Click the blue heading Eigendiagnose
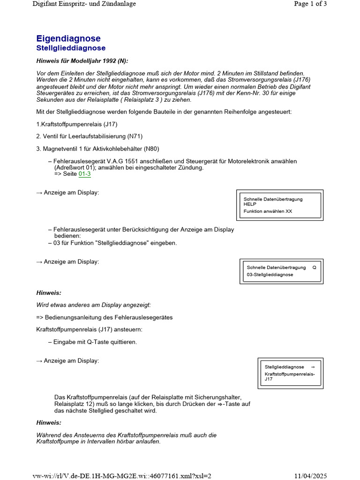pos(68,38)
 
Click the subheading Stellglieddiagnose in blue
pos(71,48)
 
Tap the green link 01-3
pos(84,174)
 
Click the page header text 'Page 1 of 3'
pos(310,4)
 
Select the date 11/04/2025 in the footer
pos(309,476)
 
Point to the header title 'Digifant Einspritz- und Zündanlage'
pos(84,4)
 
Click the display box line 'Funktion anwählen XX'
pos(268,211)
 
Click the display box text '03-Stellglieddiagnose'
pos(270,275)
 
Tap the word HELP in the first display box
pos(250,204)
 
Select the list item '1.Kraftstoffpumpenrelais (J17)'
pos(77,124)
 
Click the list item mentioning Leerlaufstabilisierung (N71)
pos(89,136)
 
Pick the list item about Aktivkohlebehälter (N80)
pos(97,149)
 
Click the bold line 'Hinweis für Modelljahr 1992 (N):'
pos(82,61)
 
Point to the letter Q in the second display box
pos(314,267)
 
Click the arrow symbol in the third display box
pos(313,367)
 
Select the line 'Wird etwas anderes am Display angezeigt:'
pos(94,305)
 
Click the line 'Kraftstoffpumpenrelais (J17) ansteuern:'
pos(90,330)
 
